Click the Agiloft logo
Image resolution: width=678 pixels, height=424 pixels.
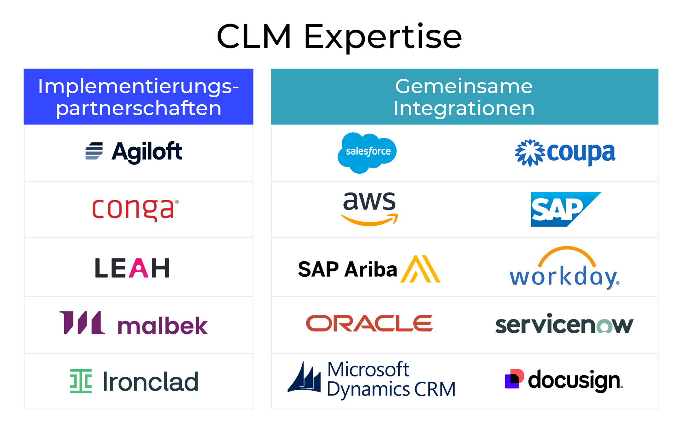[x=134, y=152]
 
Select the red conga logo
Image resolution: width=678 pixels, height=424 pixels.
[x=135, y=209]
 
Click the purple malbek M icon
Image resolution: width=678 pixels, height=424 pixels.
[x=82, y=323]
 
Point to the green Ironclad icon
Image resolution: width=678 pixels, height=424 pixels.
[x=81, y=381]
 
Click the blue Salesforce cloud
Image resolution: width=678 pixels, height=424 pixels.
[x=367, y=152]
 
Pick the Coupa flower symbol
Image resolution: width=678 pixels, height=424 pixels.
[x=530, y=153]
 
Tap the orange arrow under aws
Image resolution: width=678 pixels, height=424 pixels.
[x=369, y=221]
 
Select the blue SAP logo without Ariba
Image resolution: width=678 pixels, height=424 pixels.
[x=565, y=209]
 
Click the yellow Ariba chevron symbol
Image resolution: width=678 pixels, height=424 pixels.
[x=421, y=269]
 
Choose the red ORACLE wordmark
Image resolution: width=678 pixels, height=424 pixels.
[x=369, y=324]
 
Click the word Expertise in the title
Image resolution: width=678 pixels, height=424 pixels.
[x=383, y=37]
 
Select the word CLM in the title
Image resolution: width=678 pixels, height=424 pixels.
[x=254, y=37]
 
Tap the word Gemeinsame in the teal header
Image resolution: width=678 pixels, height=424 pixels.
[x=464, y=86]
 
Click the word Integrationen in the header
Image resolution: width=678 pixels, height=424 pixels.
[x=464, y=108]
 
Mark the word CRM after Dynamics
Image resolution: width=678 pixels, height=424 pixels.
[x=435, y=389]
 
